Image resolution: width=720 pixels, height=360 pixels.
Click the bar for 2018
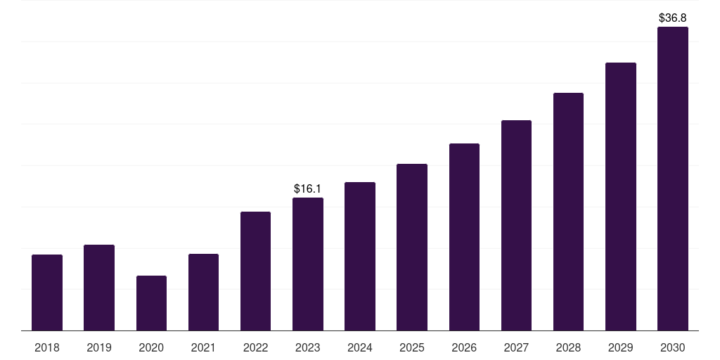47,292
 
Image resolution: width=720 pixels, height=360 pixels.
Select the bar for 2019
99,288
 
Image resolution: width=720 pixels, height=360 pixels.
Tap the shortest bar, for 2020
151,303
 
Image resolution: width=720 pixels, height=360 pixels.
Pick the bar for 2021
203,292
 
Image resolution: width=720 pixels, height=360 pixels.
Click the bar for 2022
255,271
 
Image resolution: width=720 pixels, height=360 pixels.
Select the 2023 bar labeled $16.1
308,264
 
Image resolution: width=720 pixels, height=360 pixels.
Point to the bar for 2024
360,256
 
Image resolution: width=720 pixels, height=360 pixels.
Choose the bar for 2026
464,237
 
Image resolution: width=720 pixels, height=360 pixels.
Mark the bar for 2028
568,212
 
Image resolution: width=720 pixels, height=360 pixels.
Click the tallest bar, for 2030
673,179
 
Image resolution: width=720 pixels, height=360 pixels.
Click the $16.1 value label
308,188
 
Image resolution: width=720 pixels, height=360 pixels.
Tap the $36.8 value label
673,18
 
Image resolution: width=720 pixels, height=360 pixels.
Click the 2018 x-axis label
47,347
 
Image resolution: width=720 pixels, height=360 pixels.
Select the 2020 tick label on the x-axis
151,347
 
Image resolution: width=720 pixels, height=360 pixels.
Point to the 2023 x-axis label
308,347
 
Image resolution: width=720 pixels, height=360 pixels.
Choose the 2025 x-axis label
412,347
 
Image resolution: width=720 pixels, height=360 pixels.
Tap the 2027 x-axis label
516,347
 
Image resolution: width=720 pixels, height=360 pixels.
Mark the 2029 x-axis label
621,347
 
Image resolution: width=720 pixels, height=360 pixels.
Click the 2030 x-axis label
673,347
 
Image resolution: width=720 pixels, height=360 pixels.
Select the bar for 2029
621,196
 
